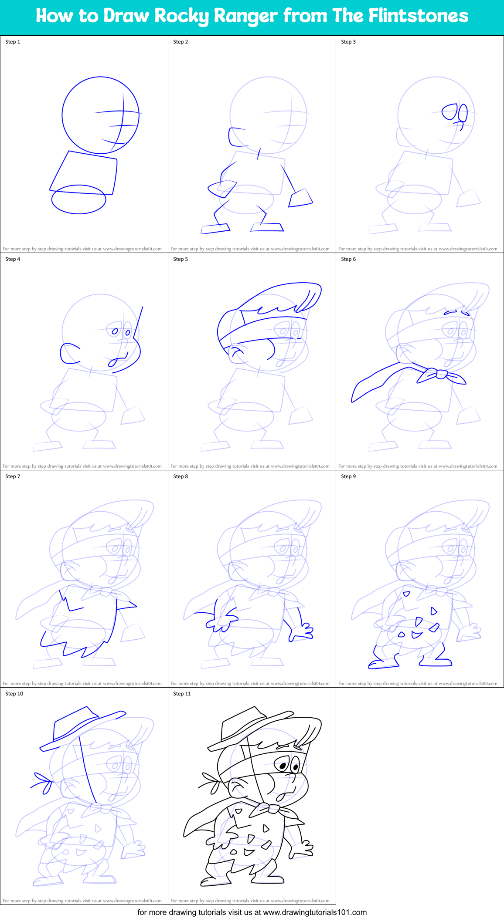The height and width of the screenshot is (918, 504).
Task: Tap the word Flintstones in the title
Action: pyautogui.click(x=419, y=16)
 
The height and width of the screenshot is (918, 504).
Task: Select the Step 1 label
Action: pyautogui.click(x=13, y=42)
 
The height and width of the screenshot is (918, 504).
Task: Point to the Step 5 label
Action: pyautogui.click(x=180, y=259)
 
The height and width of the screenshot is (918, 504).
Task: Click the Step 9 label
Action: pyautogui.click(x=348, y=476)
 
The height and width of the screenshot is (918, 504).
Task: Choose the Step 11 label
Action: pyautogui.click(x=182, y=694)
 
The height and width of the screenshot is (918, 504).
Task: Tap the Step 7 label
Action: pyautogui.click(x=13, y=476)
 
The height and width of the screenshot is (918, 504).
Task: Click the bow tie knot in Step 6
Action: pyautogui.click(x=436, y=374)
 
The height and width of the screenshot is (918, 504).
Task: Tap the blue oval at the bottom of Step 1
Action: pyautogui.click(x=78, y=199)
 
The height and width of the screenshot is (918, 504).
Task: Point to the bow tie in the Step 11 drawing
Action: pyautogui.click(x=270, y=809)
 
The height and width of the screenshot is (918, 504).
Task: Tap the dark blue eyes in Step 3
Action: pyautogui.click(x=455, y=113)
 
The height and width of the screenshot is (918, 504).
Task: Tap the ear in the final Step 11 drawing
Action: pyautogui.click(x=238, y=788)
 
